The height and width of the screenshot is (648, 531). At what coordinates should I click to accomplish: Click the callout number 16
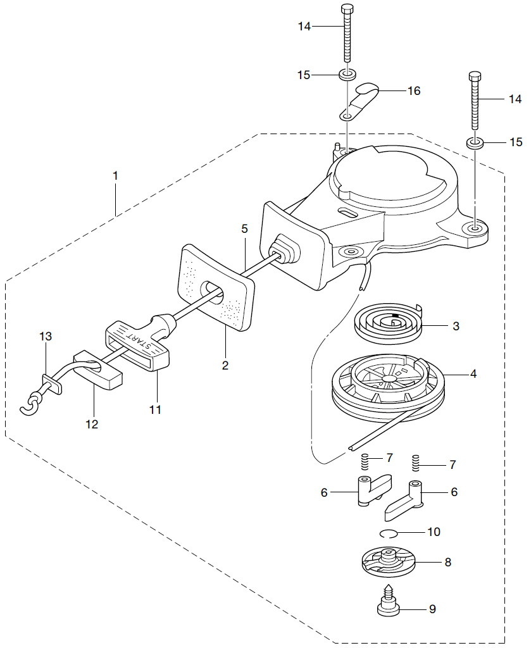[x=414, y=91]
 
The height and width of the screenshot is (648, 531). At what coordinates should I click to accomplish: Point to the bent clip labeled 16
[x=359, y=101]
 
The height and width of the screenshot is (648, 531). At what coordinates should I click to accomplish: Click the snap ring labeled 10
[x=389, y=533]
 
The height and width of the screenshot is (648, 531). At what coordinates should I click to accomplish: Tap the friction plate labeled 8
[x=389, y=562]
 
